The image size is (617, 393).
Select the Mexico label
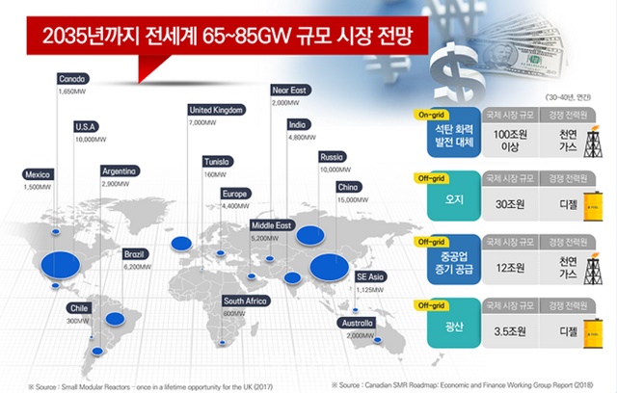[x=38, y=174]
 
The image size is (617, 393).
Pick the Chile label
[x=78, y=307]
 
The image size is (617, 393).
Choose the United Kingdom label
[x=222, y=110]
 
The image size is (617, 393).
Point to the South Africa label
[x=245, y=300]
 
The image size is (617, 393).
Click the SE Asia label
[x=370, y=276]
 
